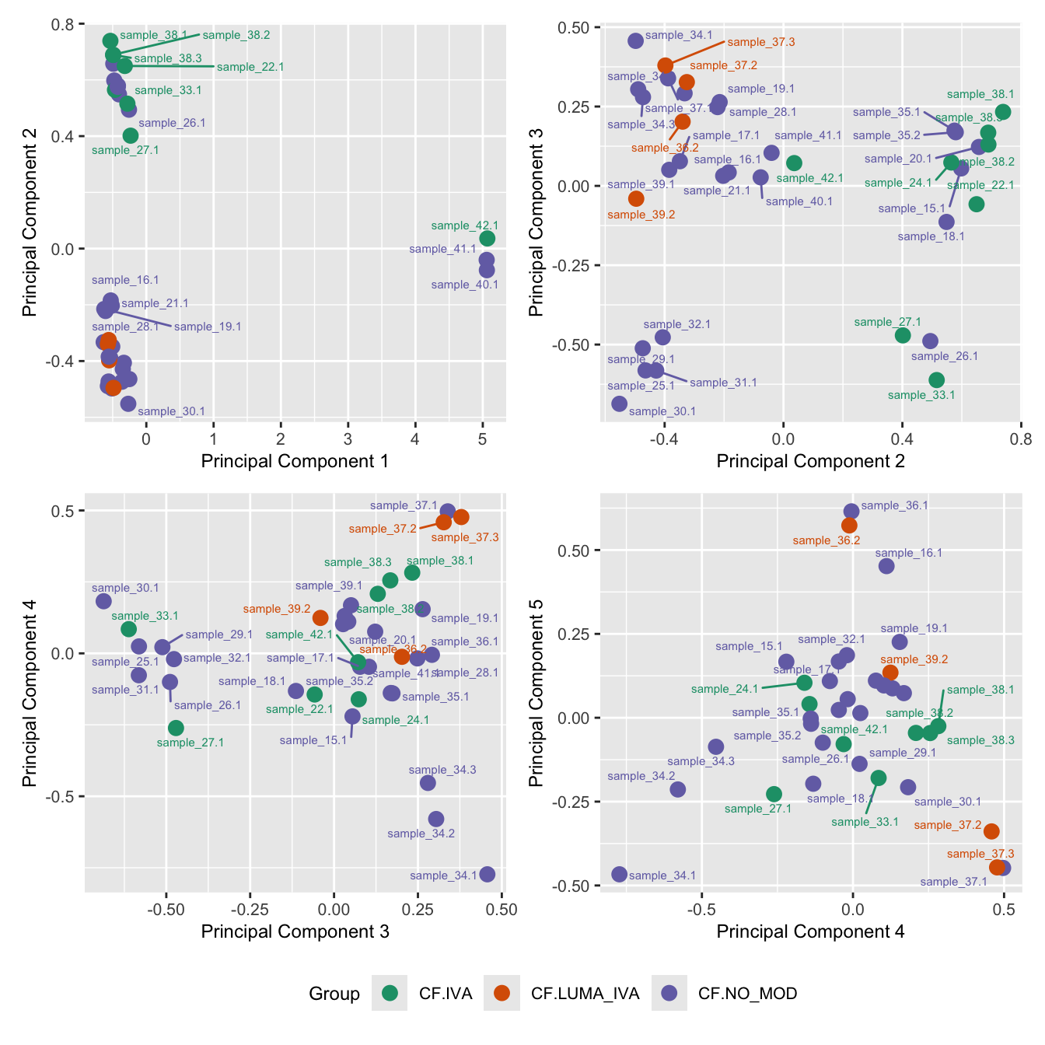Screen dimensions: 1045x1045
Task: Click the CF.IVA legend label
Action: click(x=445, y=994)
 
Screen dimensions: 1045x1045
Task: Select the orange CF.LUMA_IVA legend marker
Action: click(x=502, y=993)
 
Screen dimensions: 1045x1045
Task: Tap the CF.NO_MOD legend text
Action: click(x=747, y=994)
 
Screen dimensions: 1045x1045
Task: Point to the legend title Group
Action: click(x=334, y=994)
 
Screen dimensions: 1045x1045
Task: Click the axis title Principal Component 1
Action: click(x=295, y=461)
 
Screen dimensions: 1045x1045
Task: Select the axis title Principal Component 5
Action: click(x=536, y=692)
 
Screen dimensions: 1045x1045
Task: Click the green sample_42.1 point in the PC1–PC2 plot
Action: click(x=488, y=239)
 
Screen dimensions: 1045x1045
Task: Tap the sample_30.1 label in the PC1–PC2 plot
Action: click(x=171, y=411)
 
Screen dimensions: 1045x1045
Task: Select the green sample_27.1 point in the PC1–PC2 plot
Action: click(x=131, y=136)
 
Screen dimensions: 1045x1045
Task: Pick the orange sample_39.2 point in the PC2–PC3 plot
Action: click(x=637, y=199)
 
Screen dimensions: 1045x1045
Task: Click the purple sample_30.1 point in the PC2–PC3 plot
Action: click(x=620, y=404)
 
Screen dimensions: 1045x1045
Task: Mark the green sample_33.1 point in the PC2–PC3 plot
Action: click(x=937, y=380)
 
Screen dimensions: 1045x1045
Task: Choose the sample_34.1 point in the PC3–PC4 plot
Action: click(x=488, y=875)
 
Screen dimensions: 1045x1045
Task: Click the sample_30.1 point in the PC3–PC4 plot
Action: click(x=103, y=601)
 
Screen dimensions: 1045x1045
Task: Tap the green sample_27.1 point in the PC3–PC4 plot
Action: click(x=176, y=728)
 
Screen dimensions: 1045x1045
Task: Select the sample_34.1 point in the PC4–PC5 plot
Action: click(x=620, y=875)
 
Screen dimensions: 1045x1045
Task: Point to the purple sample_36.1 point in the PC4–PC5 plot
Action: click(x=851, y=512)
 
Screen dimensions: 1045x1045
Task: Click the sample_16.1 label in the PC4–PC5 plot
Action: click(x=909, y=553)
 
